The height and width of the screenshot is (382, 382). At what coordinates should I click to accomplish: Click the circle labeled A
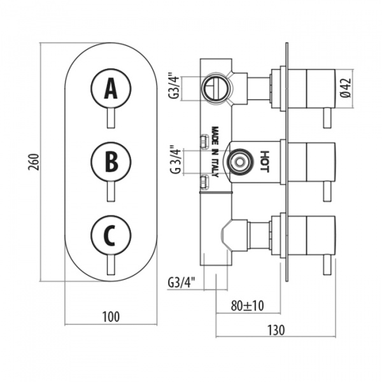coord(111,89)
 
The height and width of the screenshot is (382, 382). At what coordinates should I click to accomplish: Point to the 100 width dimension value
coord(111,316)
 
